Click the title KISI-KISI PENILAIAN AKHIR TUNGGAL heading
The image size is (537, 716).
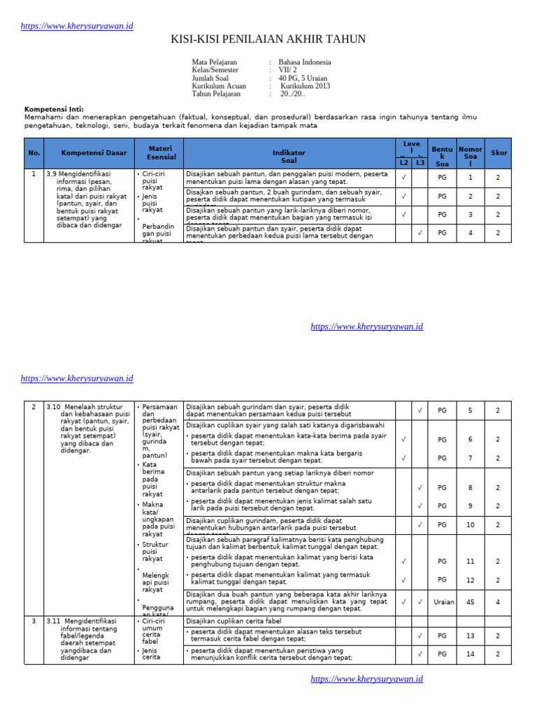pyautogui.click(x=268, y=39)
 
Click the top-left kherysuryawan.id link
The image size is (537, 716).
pyautogui.click(x=77, y=26)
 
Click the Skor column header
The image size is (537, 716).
pyautogui.click(x=499, y=153)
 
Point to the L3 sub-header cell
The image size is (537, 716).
pyautogui.click(x=420, y=163)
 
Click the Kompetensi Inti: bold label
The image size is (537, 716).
pyautogui.click(x=54, y=110)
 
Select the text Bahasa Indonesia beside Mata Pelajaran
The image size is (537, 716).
pyautogui.click(x=304, y=62)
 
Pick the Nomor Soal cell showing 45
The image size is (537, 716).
pyautogui.click(x=471, y=602)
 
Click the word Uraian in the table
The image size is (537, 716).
pyautogui.click(x=443, y=602)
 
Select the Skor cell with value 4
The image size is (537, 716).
pyautogui.click(x=498, y=602)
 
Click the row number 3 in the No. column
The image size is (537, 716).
pyautogui.click(x=34, y=621)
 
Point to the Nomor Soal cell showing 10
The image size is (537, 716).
pyautogui.click(x=471, y=525)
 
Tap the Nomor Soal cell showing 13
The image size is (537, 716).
pyautogui.click(x=471, y=636)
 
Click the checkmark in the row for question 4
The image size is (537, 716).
pyautogui.click(x=420, y=234)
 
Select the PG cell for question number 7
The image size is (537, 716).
pyautogui.click(x=442, y=458)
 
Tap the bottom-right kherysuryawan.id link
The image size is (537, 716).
pyautogui.click(x=366, y=679)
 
